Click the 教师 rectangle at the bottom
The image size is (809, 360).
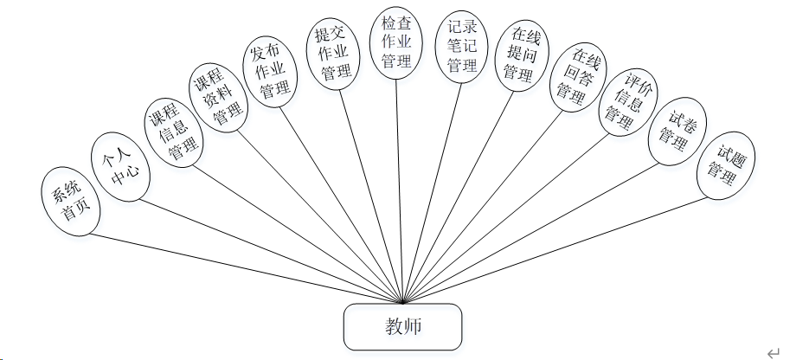[403, 326]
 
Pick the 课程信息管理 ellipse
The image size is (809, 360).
[170, 135]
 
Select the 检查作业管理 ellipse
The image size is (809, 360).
[396, 42]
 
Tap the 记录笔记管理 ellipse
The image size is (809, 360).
[462, 48]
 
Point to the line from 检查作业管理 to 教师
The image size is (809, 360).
[399, 190]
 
